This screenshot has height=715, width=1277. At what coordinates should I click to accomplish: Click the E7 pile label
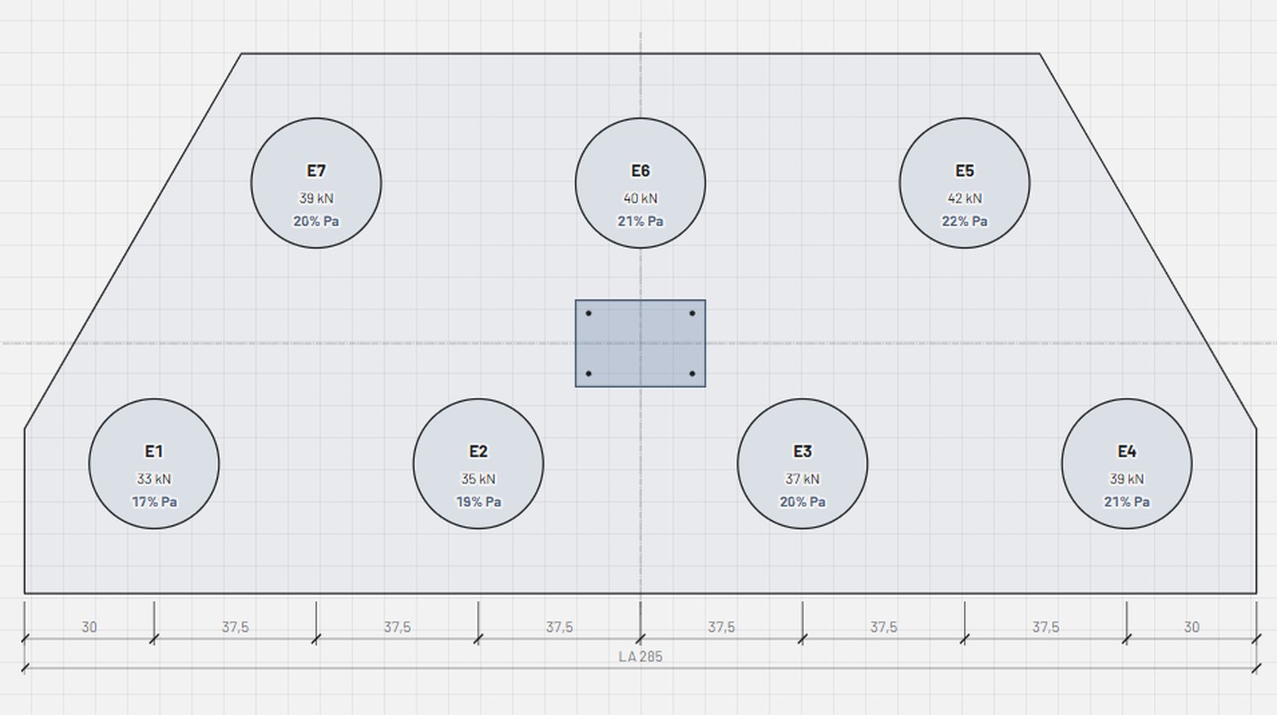pos(316,171)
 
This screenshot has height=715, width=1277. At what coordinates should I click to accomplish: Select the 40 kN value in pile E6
pos(640,198)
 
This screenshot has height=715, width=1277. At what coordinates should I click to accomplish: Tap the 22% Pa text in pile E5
pos(965,221)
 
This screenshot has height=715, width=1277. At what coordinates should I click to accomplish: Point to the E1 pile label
pos(154,452)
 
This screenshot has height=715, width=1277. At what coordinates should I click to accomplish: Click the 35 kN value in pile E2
pos(479,479)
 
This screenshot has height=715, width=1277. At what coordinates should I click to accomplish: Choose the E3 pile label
pos(802,452)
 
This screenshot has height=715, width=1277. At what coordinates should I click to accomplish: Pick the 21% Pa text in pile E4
pos(1126,501)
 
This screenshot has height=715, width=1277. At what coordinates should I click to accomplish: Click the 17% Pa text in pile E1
pos(154,501)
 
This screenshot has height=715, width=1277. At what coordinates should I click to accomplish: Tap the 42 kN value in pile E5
pos(965,198)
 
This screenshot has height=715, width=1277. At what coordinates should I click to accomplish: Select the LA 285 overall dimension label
pos(640,657)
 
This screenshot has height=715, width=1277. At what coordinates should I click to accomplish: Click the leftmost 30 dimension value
pos(89,627)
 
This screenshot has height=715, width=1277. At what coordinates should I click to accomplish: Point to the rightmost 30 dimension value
pos(1191,627)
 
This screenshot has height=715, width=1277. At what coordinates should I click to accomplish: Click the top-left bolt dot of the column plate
pos(588,313)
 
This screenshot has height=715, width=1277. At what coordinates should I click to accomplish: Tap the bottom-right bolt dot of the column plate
pos(692,373)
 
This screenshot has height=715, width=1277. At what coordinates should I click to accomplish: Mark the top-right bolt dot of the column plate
pos(692,313)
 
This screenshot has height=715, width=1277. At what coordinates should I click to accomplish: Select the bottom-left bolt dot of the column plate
pos(588,373)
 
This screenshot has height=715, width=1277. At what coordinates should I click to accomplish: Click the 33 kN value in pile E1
pos(154,479)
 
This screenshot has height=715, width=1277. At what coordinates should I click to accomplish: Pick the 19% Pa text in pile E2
pos(479,501)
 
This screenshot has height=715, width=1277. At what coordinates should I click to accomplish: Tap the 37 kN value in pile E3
pos(802,479)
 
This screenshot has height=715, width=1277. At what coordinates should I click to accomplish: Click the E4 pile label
pos(1126,452)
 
